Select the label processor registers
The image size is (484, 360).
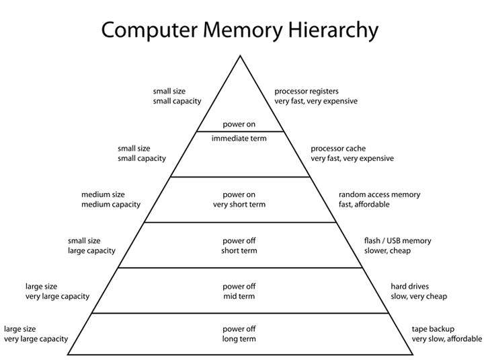tap(306, 91)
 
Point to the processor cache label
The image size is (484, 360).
tap(338, 148)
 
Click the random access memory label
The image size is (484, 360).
tap(379, 194)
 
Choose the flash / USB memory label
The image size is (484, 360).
tap(397, 240)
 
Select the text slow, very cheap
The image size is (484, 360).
tap(419, 296)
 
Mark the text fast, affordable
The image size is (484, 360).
tap(364, 205)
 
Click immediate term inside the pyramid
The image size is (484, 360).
tap(239, 138)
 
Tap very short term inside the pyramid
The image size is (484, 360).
tap(239, 205)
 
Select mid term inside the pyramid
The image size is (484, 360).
tap(239, 296)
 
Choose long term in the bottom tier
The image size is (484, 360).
tap(239, 339)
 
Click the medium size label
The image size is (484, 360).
tap(104, 194)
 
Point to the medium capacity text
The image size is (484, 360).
tap(111, 205)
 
